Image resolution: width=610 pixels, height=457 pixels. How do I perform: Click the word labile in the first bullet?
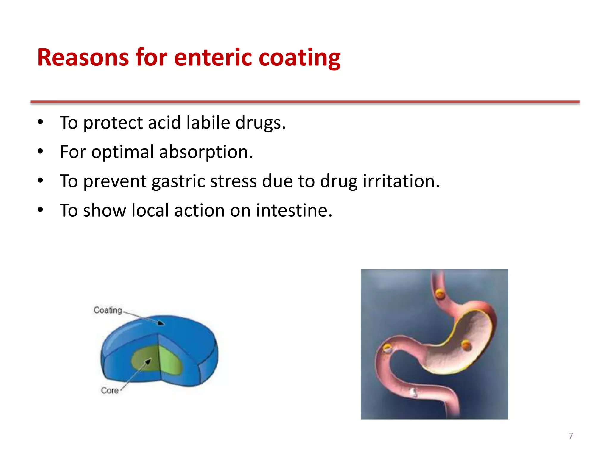(x=208, y=122)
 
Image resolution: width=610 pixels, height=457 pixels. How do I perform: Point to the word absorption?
(x=206, y=152)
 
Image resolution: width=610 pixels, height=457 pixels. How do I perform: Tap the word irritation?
(x=401, y=181)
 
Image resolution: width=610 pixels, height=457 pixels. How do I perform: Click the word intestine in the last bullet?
(x=294, y=210)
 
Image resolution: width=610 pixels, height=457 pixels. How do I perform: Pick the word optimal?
(x=122, y=152)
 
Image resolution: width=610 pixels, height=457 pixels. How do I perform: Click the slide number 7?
(x=570, y=436)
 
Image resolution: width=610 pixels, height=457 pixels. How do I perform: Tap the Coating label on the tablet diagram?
(x=108, y=310)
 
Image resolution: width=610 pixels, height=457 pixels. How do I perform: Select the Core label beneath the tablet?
(x=110, y=390)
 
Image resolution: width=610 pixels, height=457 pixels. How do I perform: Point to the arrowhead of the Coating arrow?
(x=161, y=323)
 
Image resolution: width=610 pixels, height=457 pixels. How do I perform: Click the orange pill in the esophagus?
(x=440, y=294)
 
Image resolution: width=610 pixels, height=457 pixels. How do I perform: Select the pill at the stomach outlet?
(x=387, y=348)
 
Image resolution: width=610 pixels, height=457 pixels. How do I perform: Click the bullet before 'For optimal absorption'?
(x=41, y=152)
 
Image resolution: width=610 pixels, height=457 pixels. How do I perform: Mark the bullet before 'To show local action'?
(x=41, y=210)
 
